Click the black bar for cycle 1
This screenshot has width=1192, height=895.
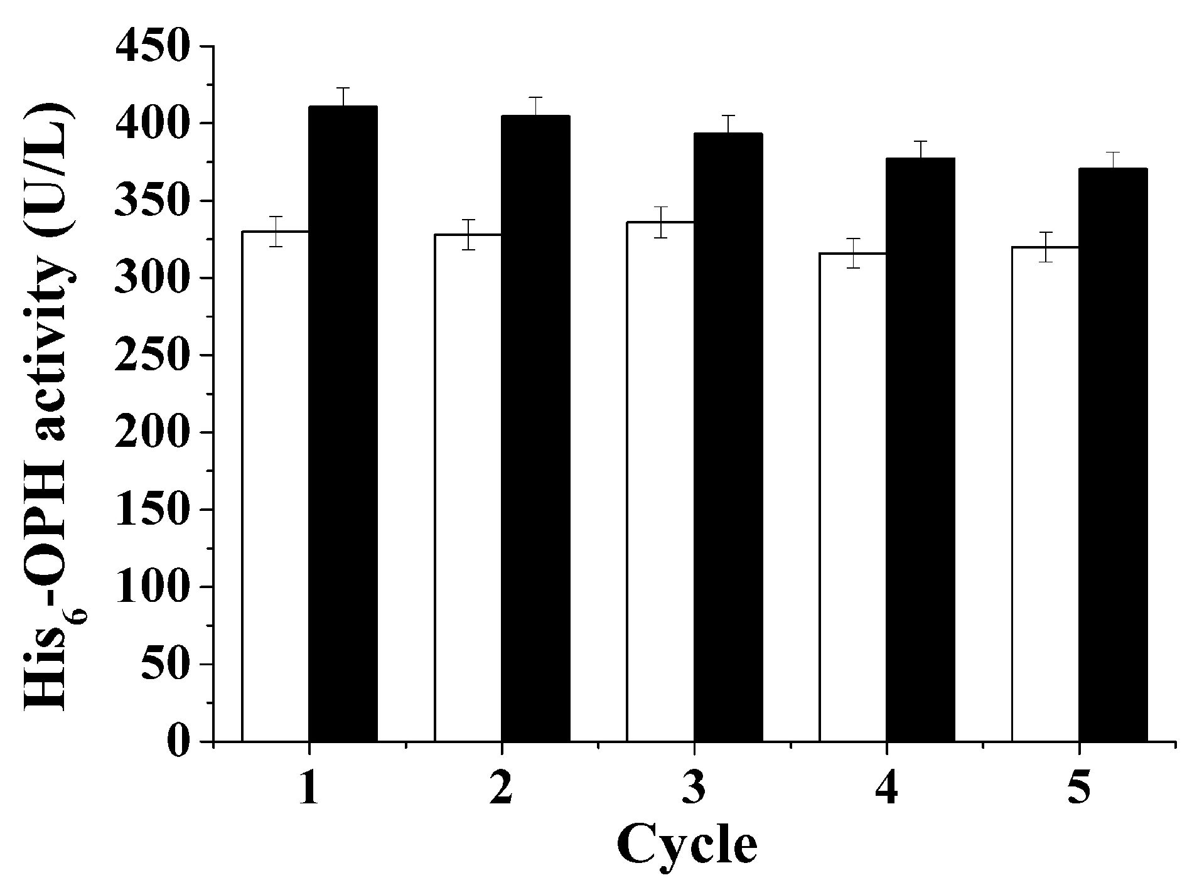coord(343,424)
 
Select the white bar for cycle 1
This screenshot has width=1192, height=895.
coord(275,486)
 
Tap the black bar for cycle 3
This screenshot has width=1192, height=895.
coord(728,437)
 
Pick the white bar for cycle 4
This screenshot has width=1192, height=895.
coord(852,497)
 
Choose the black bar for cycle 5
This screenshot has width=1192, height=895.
coord(1113,455)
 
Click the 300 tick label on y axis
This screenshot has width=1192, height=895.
coord(152,278)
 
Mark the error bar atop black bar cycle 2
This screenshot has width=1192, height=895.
coord(535,106)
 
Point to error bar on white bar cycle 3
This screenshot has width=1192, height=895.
coord(660,222)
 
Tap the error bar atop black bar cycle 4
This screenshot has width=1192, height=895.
coord(920,150)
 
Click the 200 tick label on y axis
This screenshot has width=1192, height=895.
coord(152,432)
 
